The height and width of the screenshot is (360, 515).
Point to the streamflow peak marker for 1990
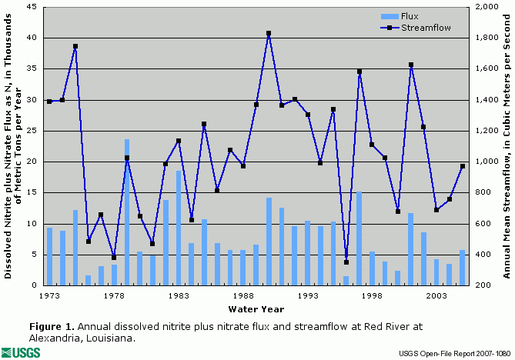269,33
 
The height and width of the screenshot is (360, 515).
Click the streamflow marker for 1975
75,46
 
